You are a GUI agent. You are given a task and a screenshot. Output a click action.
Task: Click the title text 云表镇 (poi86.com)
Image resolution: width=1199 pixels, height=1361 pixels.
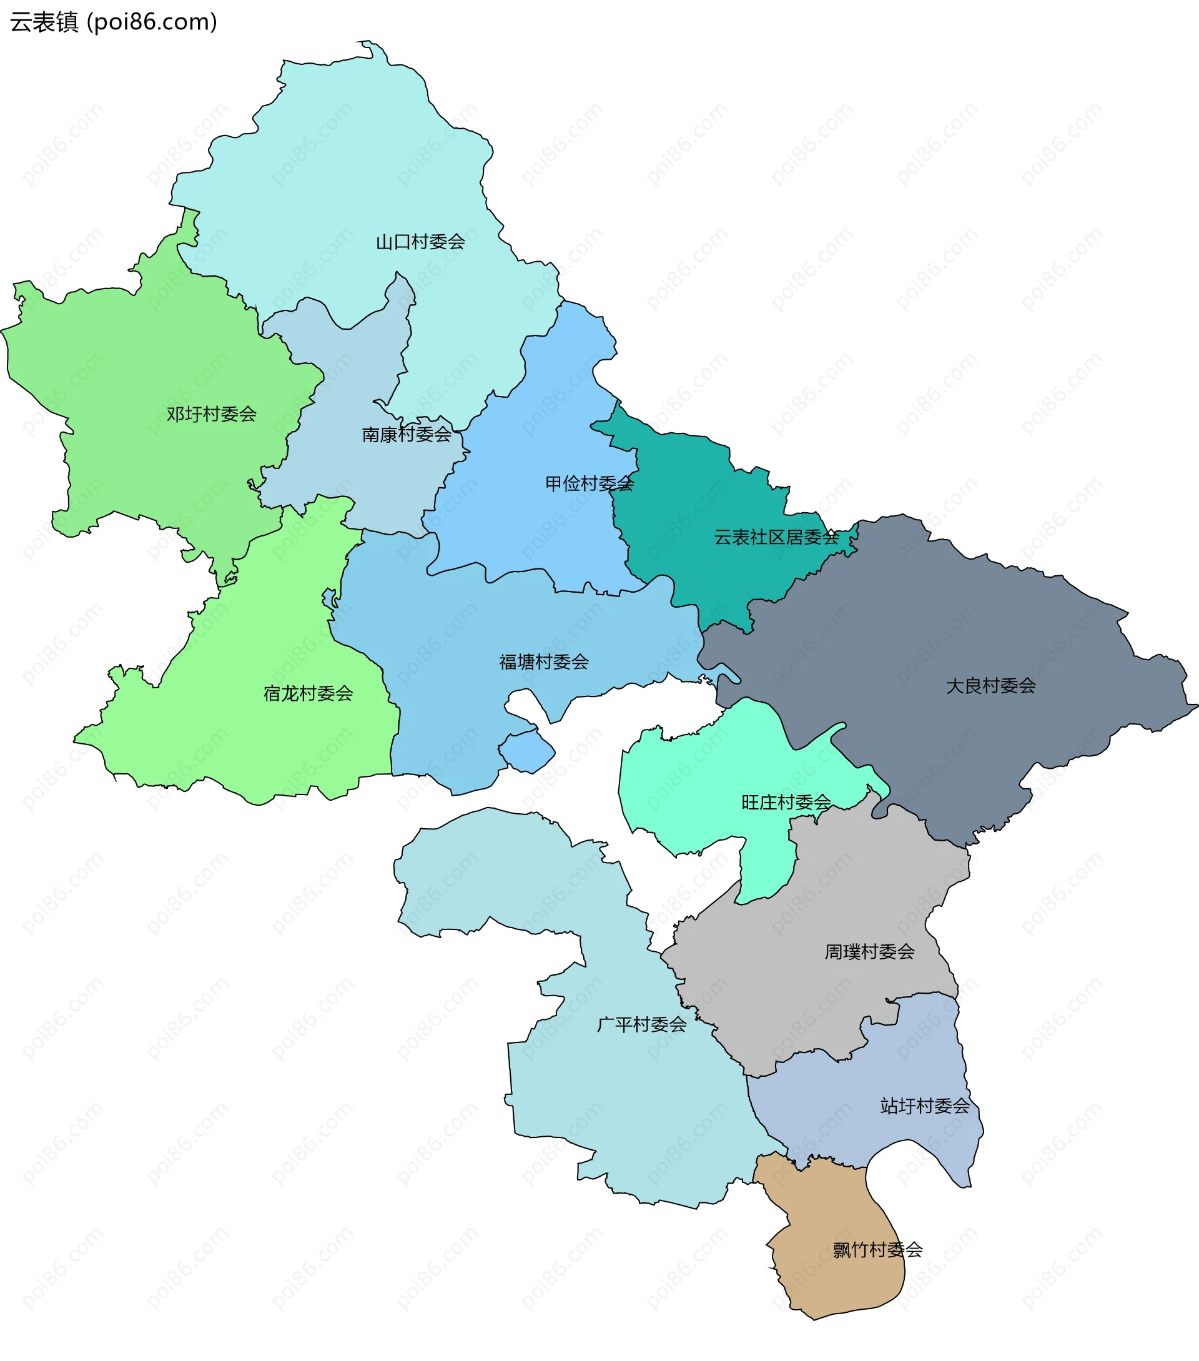(113, 22)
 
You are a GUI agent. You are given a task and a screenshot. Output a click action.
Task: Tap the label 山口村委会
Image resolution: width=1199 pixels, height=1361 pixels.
(420, 242)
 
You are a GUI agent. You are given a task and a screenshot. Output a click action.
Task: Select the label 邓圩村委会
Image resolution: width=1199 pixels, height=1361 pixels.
(211, 414)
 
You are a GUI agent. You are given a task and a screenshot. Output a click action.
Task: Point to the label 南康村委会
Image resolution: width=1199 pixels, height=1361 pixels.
(406, 435)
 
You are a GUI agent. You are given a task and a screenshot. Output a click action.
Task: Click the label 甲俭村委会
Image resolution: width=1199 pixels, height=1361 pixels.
(589, 483)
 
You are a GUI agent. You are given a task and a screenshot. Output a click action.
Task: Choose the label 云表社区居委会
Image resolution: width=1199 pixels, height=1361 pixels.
(776, 537)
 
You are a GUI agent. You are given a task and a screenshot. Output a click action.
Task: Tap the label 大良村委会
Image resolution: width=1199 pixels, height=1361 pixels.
(990, 686)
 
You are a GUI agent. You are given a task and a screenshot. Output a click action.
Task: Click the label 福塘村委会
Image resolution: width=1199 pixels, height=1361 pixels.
(544, 662)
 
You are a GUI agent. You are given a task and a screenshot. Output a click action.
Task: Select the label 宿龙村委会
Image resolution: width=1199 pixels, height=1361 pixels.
(308, 694)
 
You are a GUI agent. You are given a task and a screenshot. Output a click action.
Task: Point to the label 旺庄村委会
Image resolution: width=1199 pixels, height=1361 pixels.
(786, 803)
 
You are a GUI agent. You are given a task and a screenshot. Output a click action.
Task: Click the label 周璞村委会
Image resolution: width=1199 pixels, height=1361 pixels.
(869, 951)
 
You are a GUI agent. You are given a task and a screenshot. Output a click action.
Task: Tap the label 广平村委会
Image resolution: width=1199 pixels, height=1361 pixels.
(641, 1024)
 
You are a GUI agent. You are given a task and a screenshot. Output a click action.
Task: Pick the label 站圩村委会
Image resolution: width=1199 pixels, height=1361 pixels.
(925, 1106)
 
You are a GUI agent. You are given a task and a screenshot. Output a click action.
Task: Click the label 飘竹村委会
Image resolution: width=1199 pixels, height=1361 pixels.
(877, 1250)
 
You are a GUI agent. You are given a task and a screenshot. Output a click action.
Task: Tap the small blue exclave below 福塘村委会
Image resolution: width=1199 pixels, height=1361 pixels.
(527, 751)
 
